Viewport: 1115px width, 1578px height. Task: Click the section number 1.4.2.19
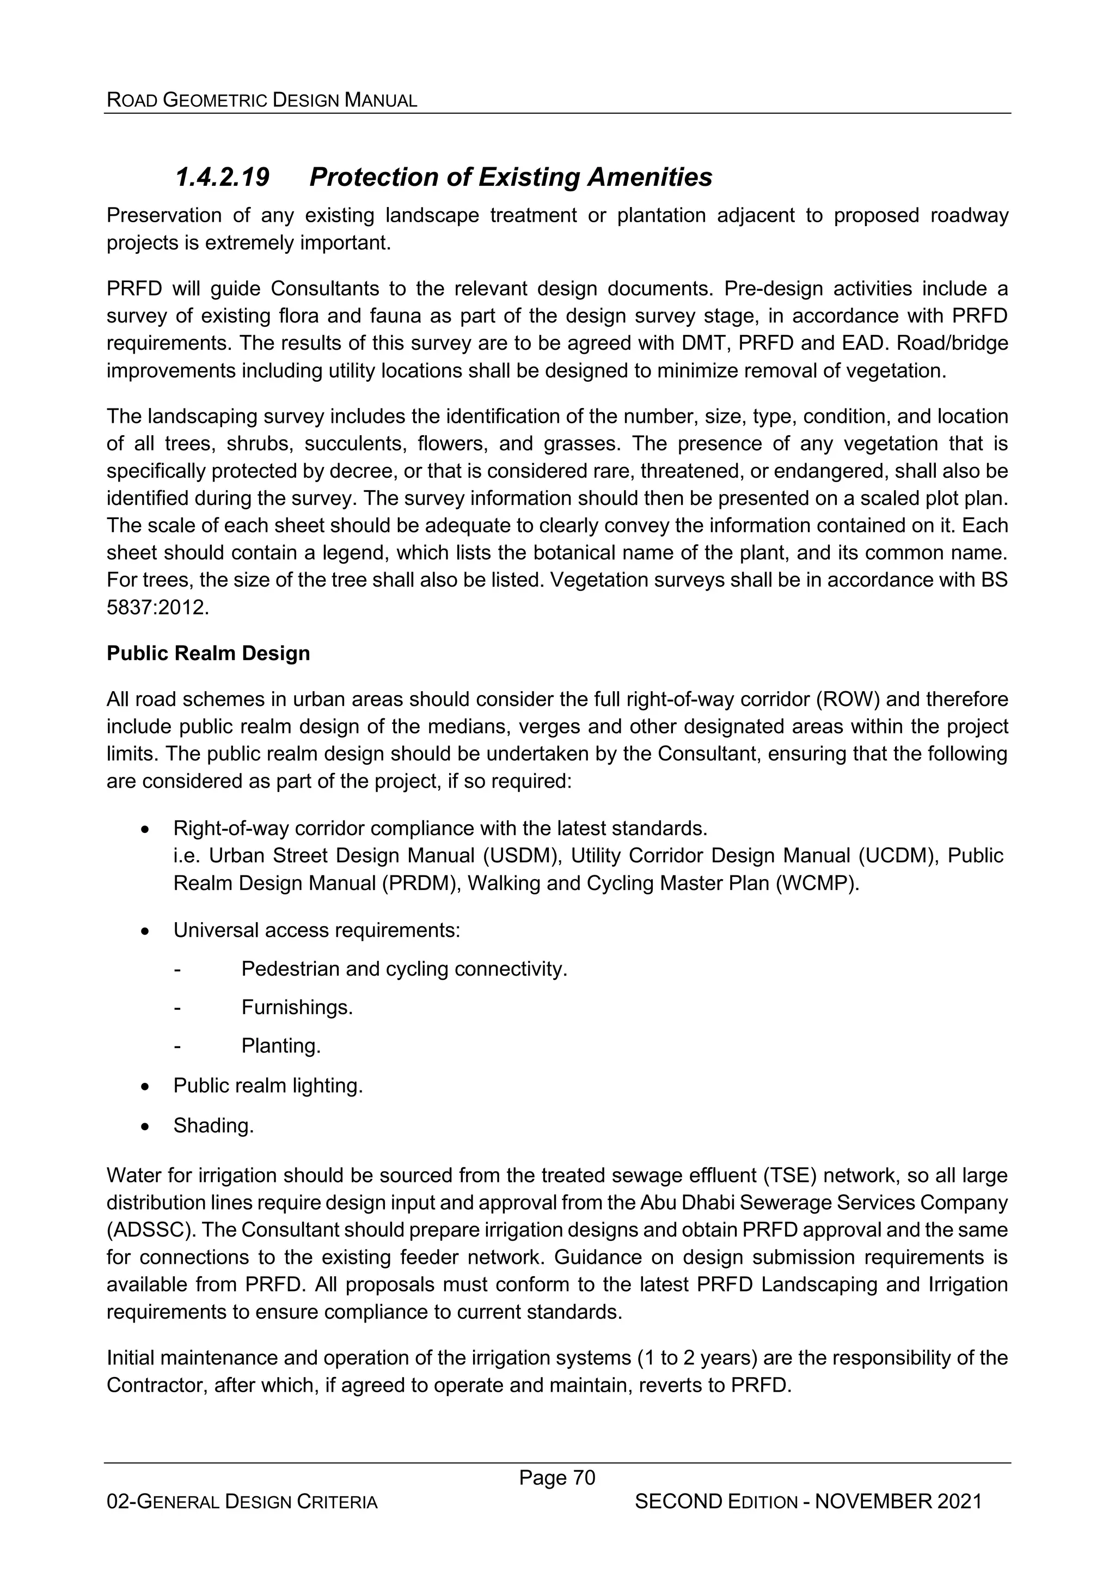222,178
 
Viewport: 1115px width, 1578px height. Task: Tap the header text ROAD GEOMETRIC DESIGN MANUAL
262,100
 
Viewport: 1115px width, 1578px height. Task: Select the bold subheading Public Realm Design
208,653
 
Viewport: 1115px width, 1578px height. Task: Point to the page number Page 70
557,1478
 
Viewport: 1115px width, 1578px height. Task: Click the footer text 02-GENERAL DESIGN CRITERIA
242,1502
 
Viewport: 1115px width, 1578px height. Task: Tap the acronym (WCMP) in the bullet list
818,883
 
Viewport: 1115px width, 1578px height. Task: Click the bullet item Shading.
213,1126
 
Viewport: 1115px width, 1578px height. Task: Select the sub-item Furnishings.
297,1008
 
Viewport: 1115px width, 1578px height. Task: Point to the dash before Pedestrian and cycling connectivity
177,969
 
